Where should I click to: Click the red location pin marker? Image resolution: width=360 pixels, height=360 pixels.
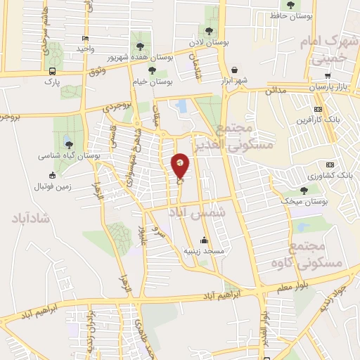181,165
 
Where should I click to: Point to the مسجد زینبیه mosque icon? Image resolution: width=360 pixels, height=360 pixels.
204,239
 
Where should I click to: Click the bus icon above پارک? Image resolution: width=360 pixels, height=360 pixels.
53,71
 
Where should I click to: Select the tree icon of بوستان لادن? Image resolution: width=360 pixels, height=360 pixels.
209,30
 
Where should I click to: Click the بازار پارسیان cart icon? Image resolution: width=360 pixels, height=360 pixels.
328,75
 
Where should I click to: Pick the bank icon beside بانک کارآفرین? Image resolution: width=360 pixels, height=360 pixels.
318,109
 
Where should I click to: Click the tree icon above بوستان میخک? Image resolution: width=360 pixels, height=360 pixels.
304,190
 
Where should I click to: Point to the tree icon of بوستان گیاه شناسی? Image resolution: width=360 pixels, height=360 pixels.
68,145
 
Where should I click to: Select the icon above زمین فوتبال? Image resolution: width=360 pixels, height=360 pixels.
51,176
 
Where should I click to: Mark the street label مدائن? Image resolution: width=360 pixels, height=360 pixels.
276,91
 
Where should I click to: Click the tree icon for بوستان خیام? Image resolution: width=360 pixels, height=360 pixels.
153,71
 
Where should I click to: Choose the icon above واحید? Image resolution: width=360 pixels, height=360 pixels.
85,39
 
